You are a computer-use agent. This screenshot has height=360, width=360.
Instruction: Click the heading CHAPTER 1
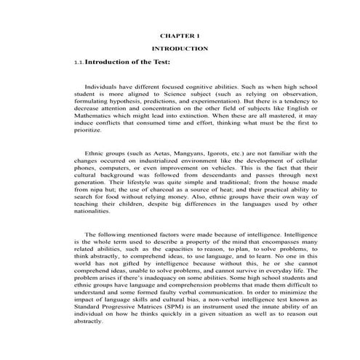(x=179, y=34)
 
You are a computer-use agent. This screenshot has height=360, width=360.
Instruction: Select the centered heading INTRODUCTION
(x=179, y=48)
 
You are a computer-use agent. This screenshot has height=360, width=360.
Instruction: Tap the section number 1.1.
(x=79, y=63)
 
